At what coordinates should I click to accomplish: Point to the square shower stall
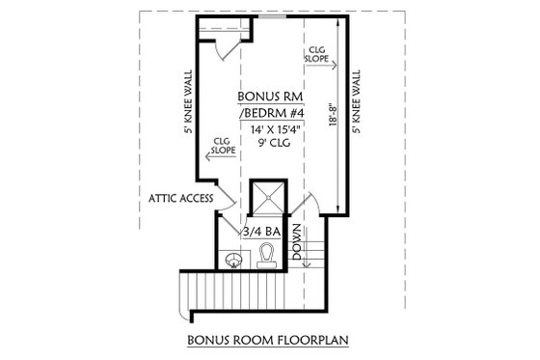tap(270, 201)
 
